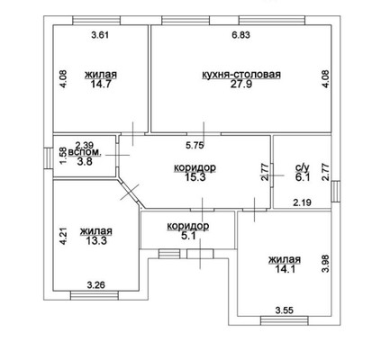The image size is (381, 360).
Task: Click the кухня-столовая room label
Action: (x=241, y=74)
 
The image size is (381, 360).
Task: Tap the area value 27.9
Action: (x=241, y=84)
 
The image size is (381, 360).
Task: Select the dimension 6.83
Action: (x=240, y=35)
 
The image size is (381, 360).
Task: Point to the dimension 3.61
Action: (x=100, y=35)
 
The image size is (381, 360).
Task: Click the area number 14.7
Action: (x=101, y=84)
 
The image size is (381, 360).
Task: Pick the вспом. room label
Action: (x=85, y=152)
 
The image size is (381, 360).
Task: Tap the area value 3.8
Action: (x=85, y=161)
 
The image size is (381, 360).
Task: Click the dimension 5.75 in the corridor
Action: (x=195, y=146)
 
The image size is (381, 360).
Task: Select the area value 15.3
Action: (x=195, y=177)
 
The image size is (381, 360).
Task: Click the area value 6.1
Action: (x=303, y=177)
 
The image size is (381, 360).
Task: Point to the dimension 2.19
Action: (x=303, y=202)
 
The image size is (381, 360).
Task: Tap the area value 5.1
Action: (x=189, y=236)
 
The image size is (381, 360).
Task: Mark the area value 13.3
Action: (x=96, y=240)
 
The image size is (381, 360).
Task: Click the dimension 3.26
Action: (x=96, y=284)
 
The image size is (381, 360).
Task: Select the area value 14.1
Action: (x=285, y=268)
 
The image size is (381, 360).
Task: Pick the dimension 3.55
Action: (x=285, y=310)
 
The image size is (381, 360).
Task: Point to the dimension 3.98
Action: (x=325, y=264)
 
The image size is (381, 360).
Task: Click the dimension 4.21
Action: (x=64, y=237)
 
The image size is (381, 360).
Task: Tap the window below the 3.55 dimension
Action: (x=285, y=320)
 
